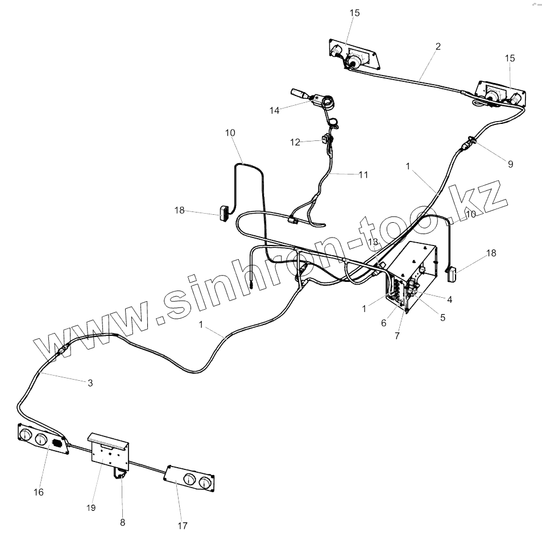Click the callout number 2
[x=438, y=47]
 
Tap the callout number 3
[x=90, y=382]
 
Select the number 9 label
[x=510, y=164]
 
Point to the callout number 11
[x=363, y=175]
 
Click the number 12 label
[x=295, y=142]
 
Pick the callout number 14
[x=275, y=110]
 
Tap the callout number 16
[x=38, y=492]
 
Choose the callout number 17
[x=182, y=526]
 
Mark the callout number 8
[x=122, y=522]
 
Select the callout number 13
[x=373, y=242]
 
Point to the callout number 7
[x=397, y=335]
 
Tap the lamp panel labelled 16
[x=43, y=439]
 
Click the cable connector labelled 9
[x=471, y=143]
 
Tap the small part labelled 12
[x=326, y=138]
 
